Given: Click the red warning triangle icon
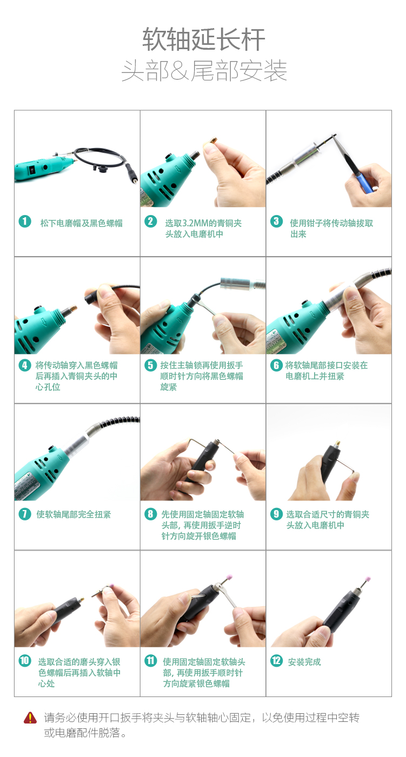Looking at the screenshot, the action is point(30,718).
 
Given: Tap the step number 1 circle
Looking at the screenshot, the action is point(25,222).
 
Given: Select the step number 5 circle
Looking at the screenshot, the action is point(150,365).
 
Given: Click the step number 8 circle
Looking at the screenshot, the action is point(150,514).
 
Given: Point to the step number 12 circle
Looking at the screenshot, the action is point(276,660).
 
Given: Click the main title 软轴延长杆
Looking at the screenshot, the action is point(203,39).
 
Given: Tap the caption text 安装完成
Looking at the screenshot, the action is point(304,662).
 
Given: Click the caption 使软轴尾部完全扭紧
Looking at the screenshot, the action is point(74,514).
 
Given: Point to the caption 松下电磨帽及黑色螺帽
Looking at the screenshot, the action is point(82,223).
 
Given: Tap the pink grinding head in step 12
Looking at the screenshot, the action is point(368,579).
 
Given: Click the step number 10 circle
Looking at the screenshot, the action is point(25,660).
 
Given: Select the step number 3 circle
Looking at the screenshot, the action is point(276,222).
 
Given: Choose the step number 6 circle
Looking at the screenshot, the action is point(276,365).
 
